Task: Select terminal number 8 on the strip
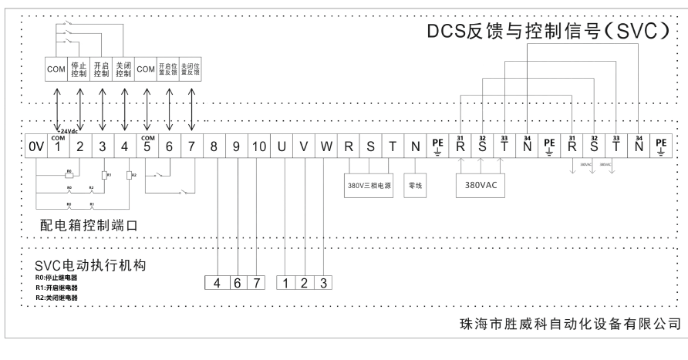click(214, 145)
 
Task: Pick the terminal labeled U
click(282, 145)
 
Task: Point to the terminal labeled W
click(326, 145)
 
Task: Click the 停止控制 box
click(79, 69)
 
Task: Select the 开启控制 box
click(102, 69)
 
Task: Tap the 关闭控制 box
click(124, 69)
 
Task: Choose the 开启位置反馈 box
click(169, 69)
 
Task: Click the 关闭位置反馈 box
click(191, 69)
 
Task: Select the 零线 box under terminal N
click(416, 186)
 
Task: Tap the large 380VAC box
click(482, 186)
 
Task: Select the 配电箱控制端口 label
click(91, 226)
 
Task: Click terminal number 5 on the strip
click(147, 145)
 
